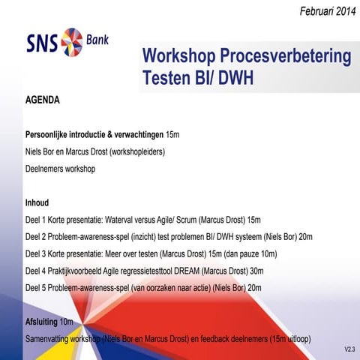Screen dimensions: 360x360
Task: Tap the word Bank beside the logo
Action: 96,38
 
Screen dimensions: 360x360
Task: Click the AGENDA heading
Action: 43,99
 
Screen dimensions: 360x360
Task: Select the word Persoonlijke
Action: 51,135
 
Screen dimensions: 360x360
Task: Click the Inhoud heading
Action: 37,203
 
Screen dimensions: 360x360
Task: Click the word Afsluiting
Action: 41,322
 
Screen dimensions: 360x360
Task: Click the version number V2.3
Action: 349,349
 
